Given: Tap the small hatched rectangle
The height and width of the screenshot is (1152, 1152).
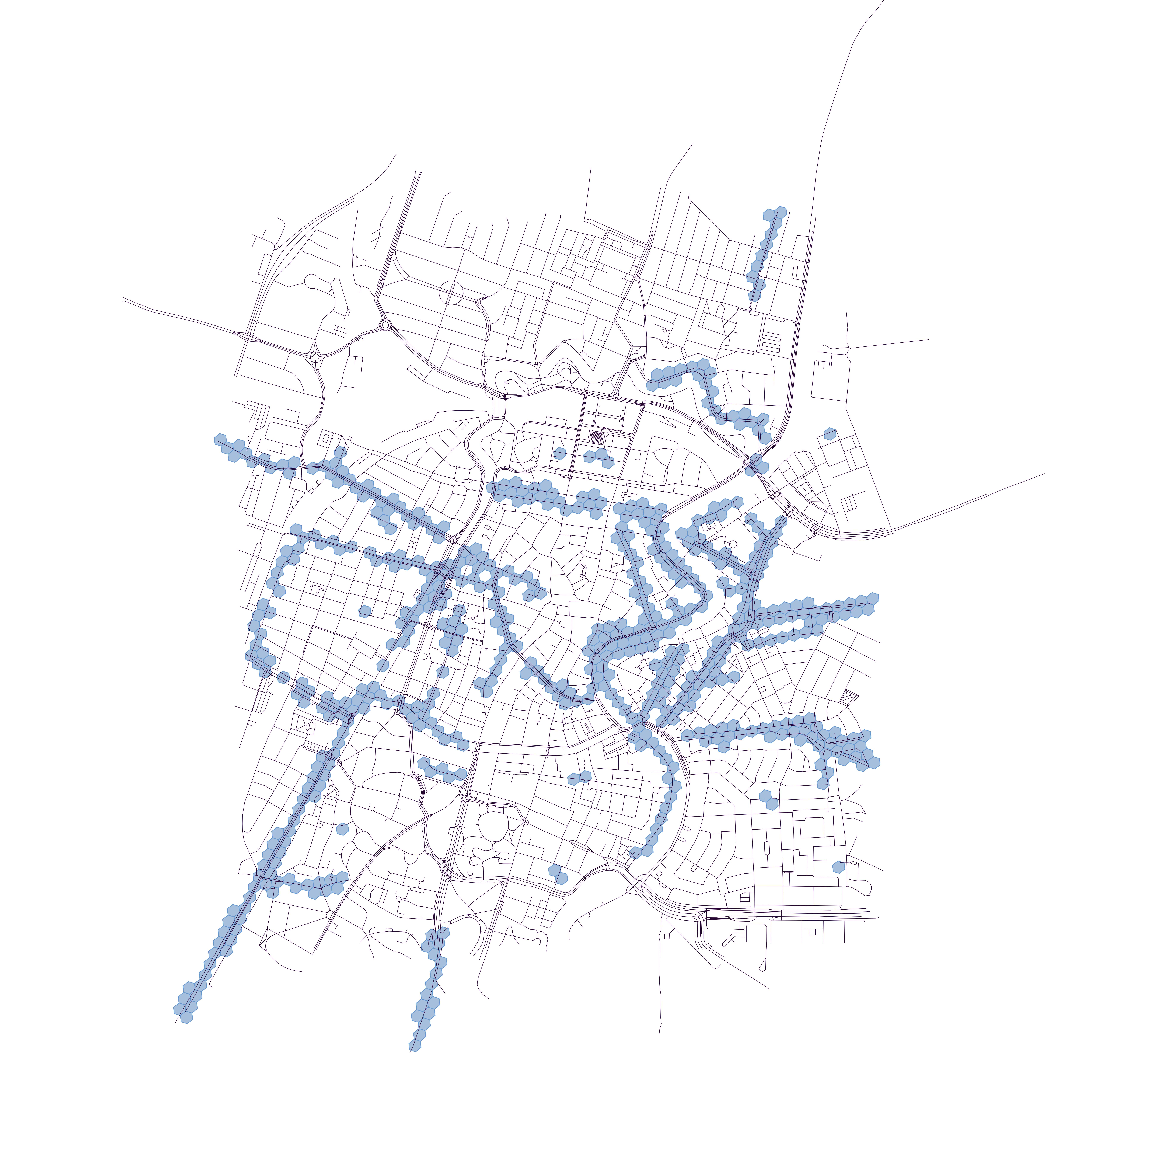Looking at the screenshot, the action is point(596,436).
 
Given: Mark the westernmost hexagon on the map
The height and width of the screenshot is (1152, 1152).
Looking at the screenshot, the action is point(221,439).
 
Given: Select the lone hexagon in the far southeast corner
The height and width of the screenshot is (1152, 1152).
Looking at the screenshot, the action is point(838,867).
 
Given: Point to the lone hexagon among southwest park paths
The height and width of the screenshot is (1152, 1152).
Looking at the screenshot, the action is point(342,828).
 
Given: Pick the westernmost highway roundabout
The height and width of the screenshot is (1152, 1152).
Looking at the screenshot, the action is point(315,357).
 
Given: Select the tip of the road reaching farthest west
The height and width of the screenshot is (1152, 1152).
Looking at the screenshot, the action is point(123,298).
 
